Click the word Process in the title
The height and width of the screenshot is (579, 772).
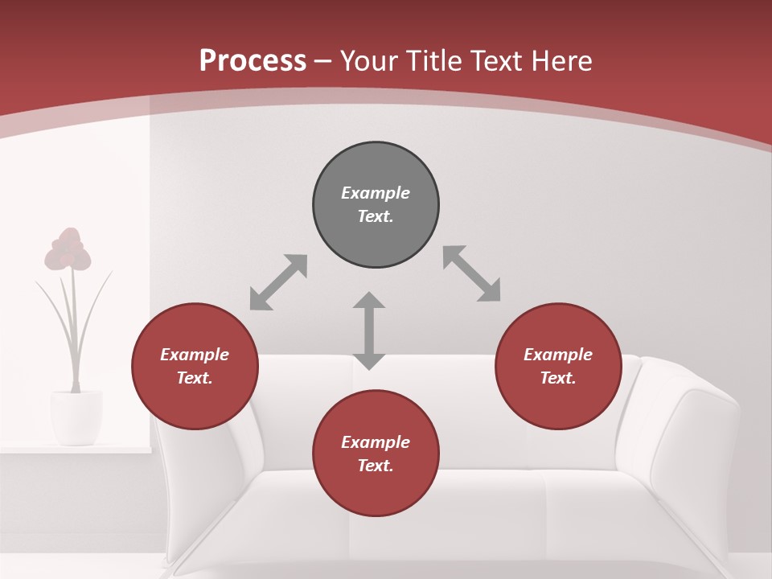tap(253, 60)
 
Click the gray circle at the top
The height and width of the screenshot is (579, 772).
tap(376, 205)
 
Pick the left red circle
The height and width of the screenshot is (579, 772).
tap(195, 366)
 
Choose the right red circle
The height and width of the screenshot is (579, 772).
tap(558, 366)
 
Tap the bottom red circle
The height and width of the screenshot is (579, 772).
tap(376, 454)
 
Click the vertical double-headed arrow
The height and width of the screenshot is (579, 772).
tap(369, 331)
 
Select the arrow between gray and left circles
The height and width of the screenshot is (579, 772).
tap(278, 282)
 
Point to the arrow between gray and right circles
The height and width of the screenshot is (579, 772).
tap(472, 273)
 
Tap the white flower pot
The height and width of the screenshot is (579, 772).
tap(76, 416)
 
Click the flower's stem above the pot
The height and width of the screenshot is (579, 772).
tap(75, 338)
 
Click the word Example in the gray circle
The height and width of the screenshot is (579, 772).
tap(376, 193)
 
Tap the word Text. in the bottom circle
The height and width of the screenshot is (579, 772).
tap(376, 466)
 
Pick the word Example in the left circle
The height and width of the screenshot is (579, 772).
tap(195, 355)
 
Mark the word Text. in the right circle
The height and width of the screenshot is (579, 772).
tap(558, 378)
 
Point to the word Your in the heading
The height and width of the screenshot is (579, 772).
tap(367, 60)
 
